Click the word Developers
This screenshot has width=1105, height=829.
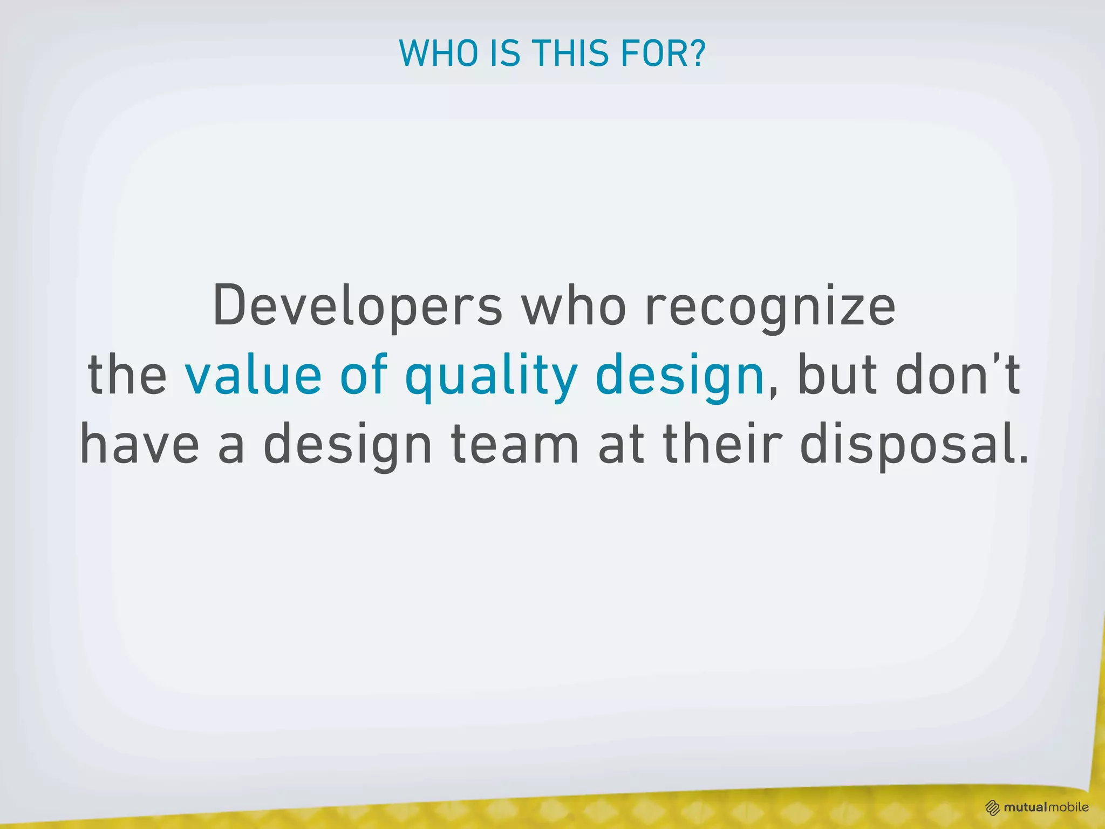coord(358,307)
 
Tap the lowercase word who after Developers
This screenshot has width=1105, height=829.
coord(574,307)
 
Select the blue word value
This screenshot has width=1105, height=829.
coord(253,375)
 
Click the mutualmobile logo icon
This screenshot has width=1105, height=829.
coord(993,807)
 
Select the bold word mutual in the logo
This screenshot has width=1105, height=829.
coord(1025,807)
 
